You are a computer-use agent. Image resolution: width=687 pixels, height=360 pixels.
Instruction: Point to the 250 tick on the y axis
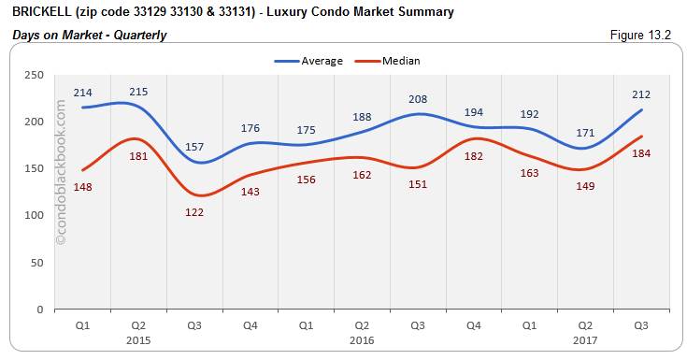coord(36,75)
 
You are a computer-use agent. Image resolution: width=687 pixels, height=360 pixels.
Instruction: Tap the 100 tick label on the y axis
coord(36,215)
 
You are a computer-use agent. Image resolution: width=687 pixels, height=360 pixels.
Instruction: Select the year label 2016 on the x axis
coord(362,339)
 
